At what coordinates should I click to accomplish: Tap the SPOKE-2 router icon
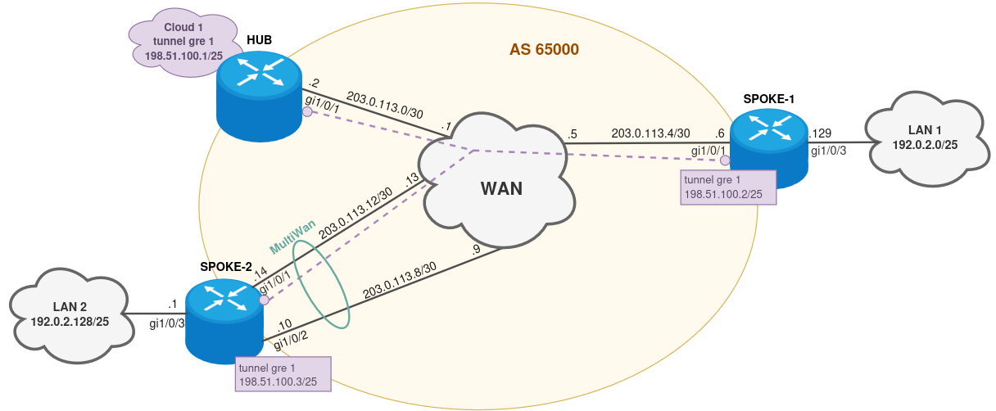[223, 319]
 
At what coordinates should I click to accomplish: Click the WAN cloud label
[500, 188]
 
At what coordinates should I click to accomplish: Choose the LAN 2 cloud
[70, 313]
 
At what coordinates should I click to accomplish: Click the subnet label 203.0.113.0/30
[384, 104]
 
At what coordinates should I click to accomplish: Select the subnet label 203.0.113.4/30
[650, 133]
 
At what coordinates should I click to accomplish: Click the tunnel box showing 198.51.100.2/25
[728, 187]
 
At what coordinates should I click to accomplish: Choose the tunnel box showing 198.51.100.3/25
[283, 374]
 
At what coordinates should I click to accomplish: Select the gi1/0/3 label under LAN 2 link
[167, 323]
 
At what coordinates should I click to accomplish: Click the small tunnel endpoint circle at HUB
[307, 112]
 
